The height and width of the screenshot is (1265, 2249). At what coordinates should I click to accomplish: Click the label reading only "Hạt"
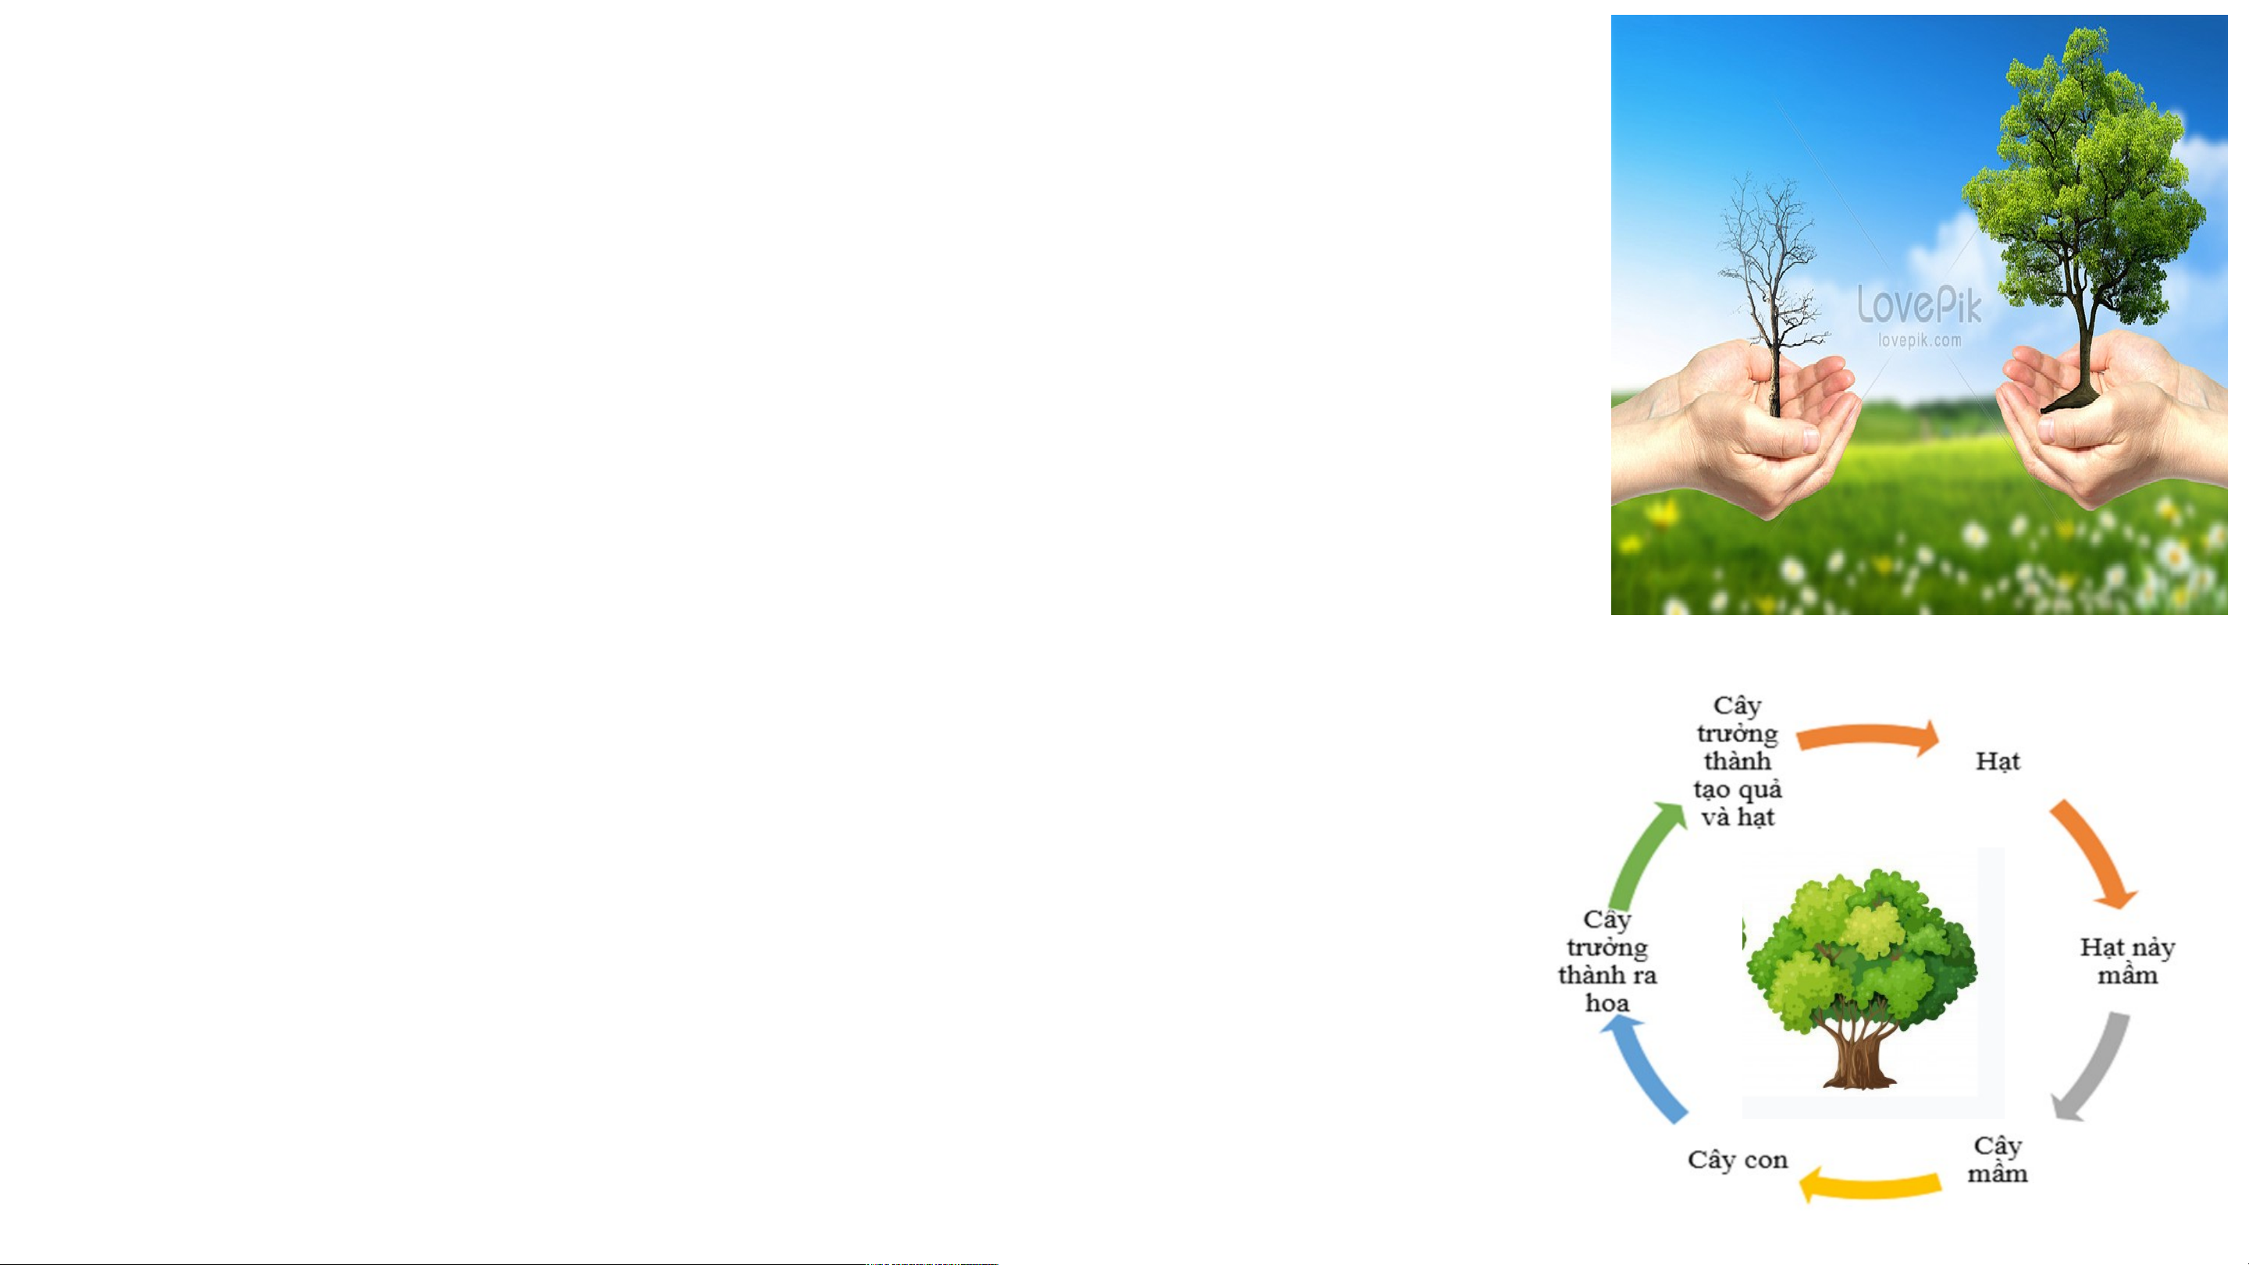[1998, 762]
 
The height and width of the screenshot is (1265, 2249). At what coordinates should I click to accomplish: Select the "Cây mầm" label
[1998, 1160]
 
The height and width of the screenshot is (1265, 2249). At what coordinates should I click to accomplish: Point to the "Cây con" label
[1738, 1160]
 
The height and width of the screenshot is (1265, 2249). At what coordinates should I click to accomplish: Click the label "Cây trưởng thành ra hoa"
[1607, 961]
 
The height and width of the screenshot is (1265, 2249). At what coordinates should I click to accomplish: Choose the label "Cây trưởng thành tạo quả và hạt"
[1738, 762]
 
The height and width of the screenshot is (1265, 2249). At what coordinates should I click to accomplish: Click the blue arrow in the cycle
[1642, 1072]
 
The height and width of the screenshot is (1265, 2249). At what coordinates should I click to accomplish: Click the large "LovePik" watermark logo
[1919, 304]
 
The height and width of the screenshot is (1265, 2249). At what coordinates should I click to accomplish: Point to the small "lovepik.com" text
[1919, 340]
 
